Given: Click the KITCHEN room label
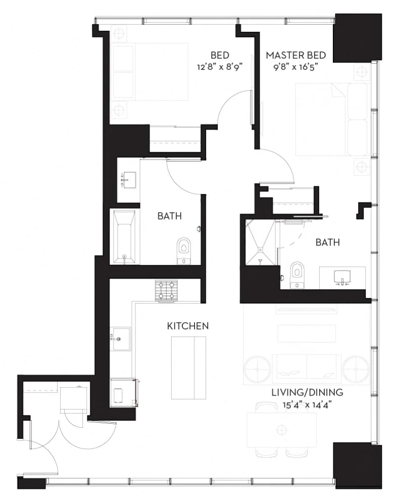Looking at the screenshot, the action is pos(188,326).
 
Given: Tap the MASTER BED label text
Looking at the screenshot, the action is pos(295,55).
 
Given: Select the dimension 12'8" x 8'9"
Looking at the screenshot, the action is pos(220,67).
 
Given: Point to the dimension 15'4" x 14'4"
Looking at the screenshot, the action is pos(306,405).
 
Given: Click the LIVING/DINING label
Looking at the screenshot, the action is pos(307,392).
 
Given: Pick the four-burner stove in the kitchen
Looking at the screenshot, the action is pos(166,290).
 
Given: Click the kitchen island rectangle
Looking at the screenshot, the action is pos(188,368).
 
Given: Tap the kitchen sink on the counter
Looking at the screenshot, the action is pos(120,339).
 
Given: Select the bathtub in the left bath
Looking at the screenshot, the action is pos(125,236).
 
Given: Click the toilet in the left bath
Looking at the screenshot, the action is pos(183,252).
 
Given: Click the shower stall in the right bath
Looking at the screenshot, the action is pos(260,242).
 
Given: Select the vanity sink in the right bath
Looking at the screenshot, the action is pos(342,277).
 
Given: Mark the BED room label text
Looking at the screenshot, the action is pos(220,55).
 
